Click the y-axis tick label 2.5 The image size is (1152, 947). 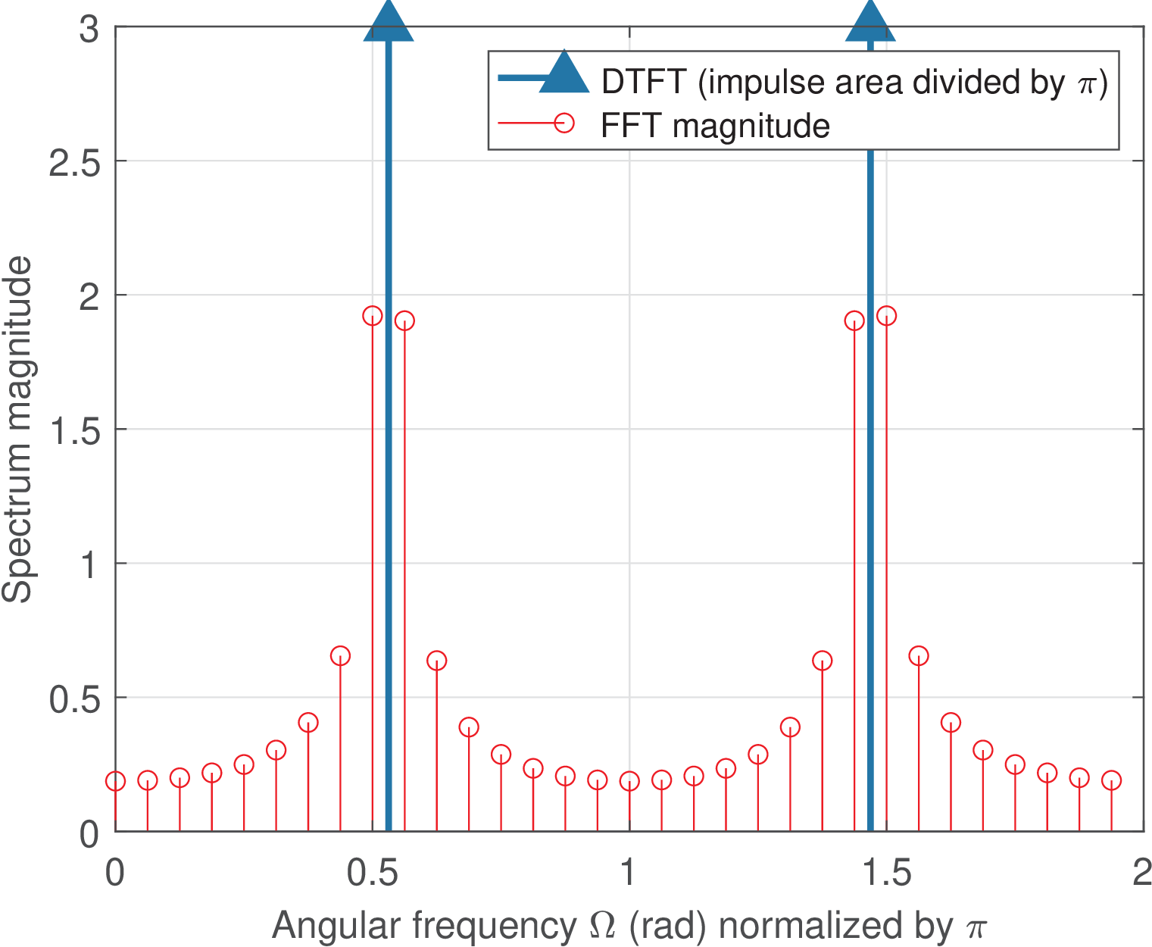tap(74, 162)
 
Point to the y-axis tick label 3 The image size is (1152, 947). tap(89, 30)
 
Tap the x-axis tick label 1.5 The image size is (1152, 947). tap(886, 874)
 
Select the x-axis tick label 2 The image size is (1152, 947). tap(1141, 874)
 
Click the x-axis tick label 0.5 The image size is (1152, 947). tap(372, 874)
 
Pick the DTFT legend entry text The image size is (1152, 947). tap(854, 82)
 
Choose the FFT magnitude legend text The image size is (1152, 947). tap(715, 126)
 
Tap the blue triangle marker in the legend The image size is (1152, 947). tap(564, 74)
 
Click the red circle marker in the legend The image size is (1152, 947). tap(564, 123)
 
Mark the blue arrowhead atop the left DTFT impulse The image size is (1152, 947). tap(389, 20)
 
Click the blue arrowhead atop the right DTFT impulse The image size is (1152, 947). tap(870, 20)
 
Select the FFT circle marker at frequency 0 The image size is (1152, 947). tap(115, 781)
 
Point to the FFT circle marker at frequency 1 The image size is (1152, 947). tap(629, 781)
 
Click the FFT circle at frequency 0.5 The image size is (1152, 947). tap(373, 316)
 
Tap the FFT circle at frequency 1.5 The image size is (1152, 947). tap(886, 316)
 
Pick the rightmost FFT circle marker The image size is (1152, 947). tap(1111, 780)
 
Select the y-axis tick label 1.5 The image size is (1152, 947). tap(74, 430)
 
